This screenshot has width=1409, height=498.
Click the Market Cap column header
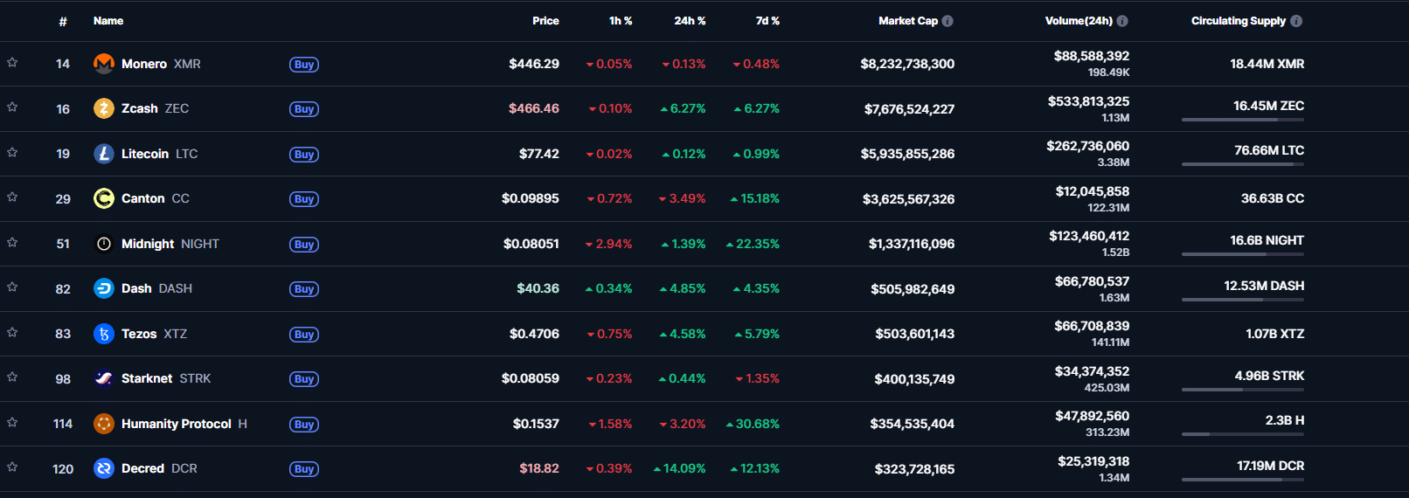pyautogui.click(x=907, y=21)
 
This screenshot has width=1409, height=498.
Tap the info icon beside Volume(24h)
pyautogui.click(x=1122, y=21)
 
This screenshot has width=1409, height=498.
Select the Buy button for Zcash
pyautogui.click(x=304, y=109)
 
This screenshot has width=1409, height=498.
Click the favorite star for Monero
pyautogui.click(x=12, y=63)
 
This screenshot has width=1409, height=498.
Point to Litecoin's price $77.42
pyautogui.click(x=538, y=154)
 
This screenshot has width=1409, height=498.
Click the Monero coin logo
pyautogui.click(x=104, y=64)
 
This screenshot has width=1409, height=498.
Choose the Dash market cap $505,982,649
pyautogui.click(x=912, y=289)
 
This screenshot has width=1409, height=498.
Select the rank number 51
pyautogui.click(x=63, y=244)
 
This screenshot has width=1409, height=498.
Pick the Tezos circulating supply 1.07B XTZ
pyautogui.click(x=1274, y=334)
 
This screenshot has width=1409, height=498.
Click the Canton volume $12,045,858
pyautogui.click(x=1092, y=191)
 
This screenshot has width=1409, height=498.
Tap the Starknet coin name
pyautogui.click(x=147, y=378)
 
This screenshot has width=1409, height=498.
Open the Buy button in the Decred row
pyautogui.click(x=304, y=469)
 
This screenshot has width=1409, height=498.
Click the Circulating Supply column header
pyautogui.click(x=1238, y=21)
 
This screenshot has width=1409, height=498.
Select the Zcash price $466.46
pyautogui.click(x=533, y=108)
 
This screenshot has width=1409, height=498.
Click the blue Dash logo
pyautogui.click(x=104, y=288)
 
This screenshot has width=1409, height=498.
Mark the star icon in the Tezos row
pyautogui.click(x=12, y=333)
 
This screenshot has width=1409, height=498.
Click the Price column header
pyautogui.click(x=545, y=21)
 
